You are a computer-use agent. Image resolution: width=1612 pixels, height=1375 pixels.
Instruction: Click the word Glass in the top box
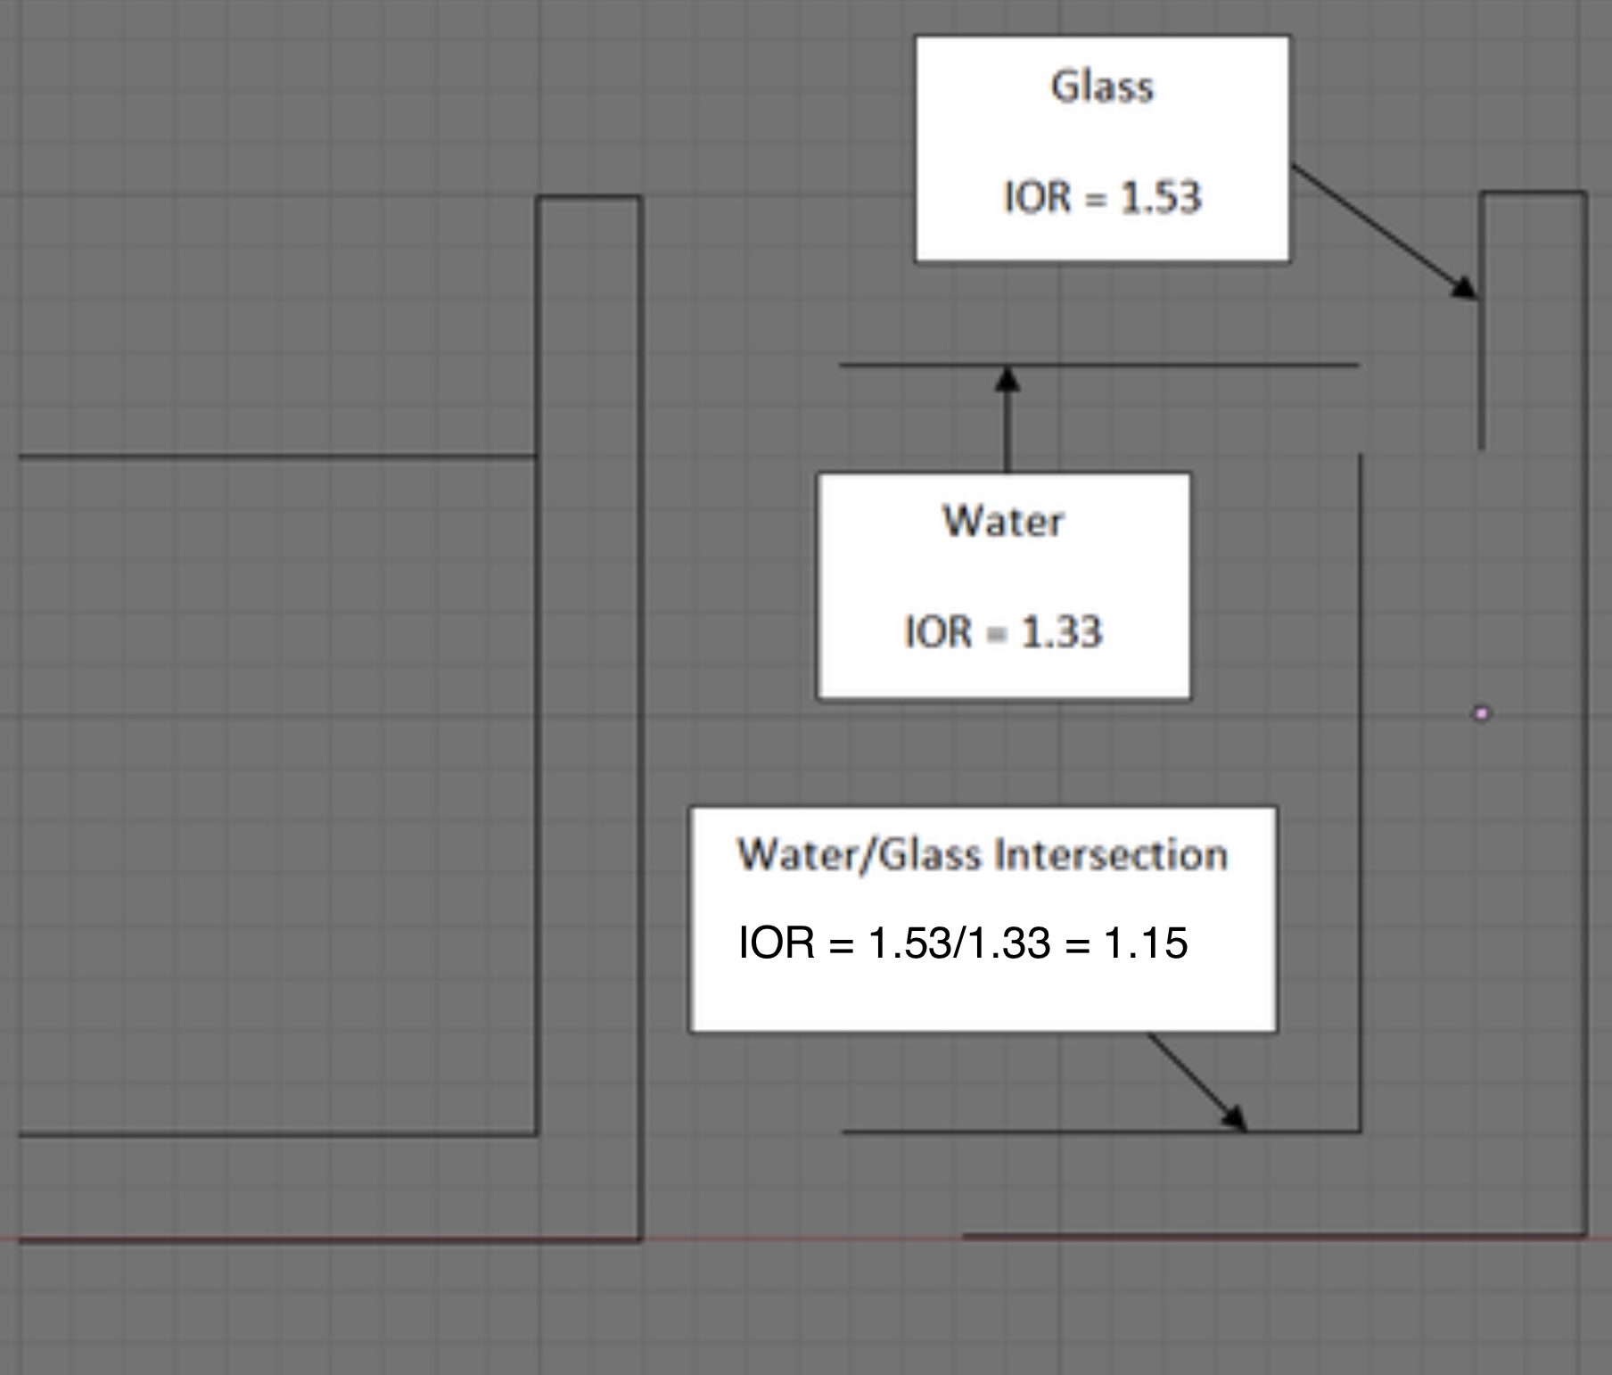(1102, 87)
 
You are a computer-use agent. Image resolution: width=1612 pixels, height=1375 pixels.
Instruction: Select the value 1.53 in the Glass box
(1161, 197)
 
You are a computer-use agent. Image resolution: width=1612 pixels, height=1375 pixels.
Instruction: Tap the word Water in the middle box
(1003, 522)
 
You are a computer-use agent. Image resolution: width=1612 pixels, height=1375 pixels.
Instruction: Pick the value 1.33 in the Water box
(1061, 632)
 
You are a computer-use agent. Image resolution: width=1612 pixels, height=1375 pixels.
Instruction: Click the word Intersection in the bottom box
(1111, 855)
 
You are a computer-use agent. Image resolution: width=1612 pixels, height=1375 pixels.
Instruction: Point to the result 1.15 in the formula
(1146, 943)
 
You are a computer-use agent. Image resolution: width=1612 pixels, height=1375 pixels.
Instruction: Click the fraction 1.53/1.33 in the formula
(958, 943)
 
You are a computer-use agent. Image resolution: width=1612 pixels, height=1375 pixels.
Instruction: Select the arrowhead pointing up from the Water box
(1007, 378)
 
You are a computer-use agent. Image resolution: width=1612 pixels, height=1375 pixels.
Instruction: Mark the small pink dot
(1482, 713)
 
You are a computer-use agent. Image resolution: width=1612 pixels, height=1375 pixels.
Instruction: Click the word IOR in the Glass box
(1037, 197)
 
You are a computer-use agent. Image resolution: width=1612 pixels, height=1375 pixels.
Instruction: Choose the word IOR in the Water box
(938, 632)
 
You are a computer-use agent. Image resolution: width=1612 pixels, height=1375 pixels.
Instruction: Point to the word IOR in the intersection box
(776, 943)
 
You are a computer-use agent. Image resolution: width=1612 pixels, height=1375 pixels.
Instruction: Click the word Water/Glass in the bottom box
(859, 855)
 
